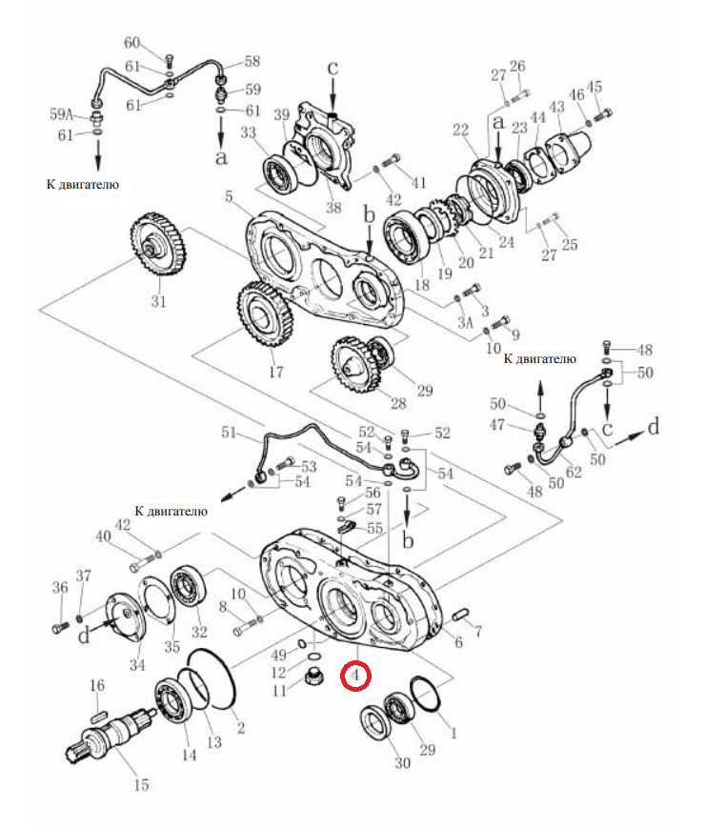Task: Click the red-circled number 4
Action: coord(355,675)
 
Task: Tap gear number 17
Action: coord(265,314)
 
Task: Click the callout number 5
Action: coord(229,196)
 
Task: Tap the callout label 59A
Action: coord(61,114)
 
